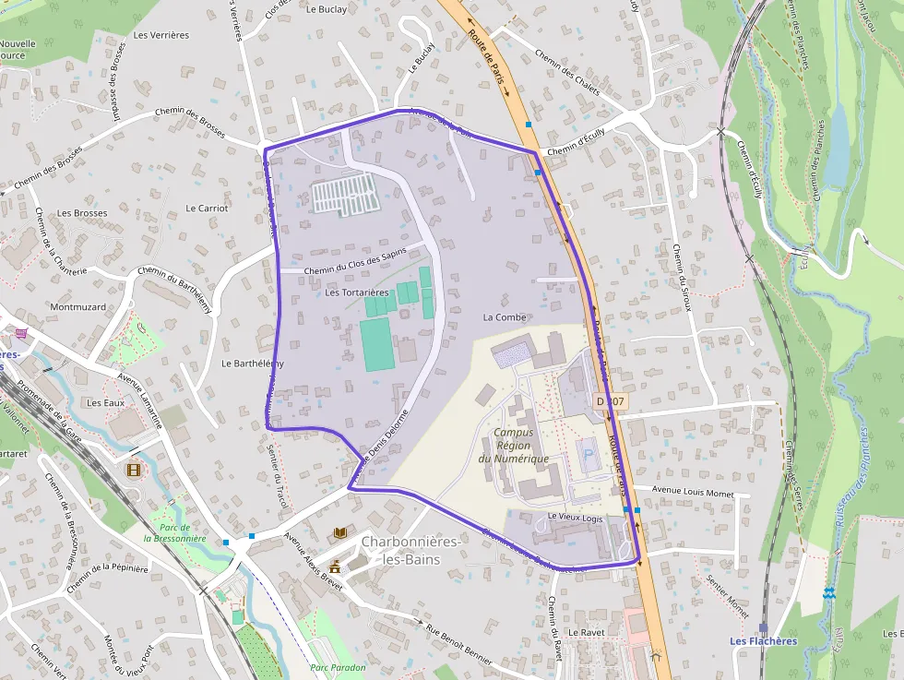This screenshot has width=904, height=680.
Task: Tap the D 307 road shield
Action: pos(611,401)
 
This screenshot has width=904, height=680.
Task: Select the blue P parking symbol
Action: pos(587,452)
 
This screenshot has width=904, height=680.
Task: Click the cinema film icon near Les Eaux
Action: pos(135,470)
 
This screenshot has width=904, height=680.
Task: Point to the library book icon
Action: pos(340,532)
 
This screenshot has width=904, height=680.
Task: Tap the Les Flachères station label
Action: pos(763,641)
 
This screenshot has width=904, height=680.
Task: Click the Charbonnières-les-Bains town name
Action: pos(410,550)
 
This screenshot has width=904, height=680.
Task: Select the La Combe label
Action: pos(505,316)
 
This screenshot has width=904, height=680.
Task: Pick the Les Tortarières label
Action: pos(357,292)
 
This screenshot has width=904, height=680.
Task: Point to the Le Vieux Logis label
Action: pos(575,517)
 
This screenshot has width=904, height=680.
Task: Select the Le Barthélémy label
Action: pos(253,364)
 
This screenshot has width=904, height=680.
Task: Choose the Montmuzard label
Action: pos(78,306)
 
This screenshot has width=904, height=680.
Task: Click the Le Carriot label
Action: pos(207,208)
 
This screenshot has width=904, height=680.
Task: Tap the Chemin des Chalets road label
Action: pos(566,74)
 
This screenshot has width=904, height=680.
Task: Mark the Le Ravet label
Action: pos(585,633)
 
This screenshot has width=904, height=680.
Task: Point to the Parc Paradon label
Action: pos(338,667)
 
